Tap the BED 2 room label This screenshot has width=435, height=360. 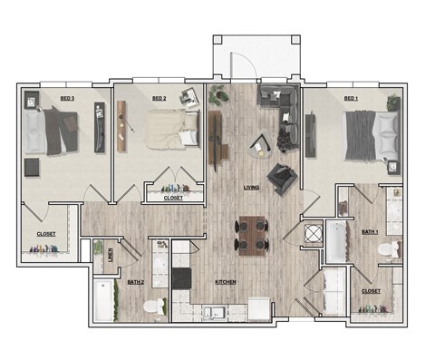click(159, 98)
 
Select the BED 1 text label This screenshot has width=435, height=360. click(352, 98)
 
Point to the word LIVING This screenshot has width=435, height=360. click(253, 188)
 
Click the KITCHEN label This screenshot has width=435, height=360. click(226, 282)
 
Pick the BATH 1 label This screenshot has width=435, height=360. click(370, 231)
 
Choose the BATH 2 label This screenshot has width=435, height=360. click(136, 282)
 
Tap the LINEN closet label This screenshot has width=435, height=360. click(110, 255)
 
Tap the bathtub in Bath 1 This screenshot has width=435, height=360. click(335, 240)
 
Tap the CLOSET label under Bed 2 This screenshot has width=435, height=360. click(172, 198)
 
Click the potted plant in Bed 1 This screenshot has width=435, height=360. click(392, 101)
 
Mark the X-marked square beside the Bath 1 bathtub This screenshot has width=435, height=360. click(312, 232)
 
